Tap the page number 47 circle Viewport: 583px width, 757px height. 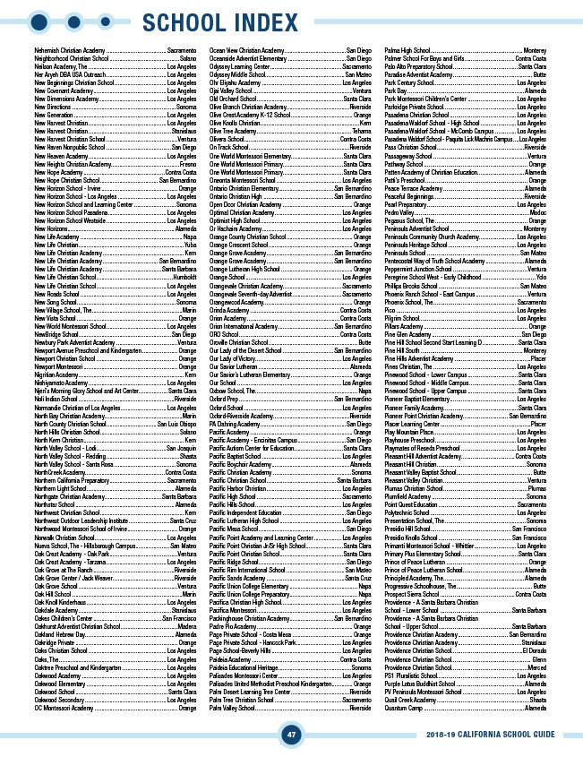[x=290, y=735]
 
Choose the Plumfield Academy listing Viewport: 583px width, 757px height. [x=410, y=495]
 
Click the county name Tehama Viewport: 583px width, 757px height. [x=361, y=131]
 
